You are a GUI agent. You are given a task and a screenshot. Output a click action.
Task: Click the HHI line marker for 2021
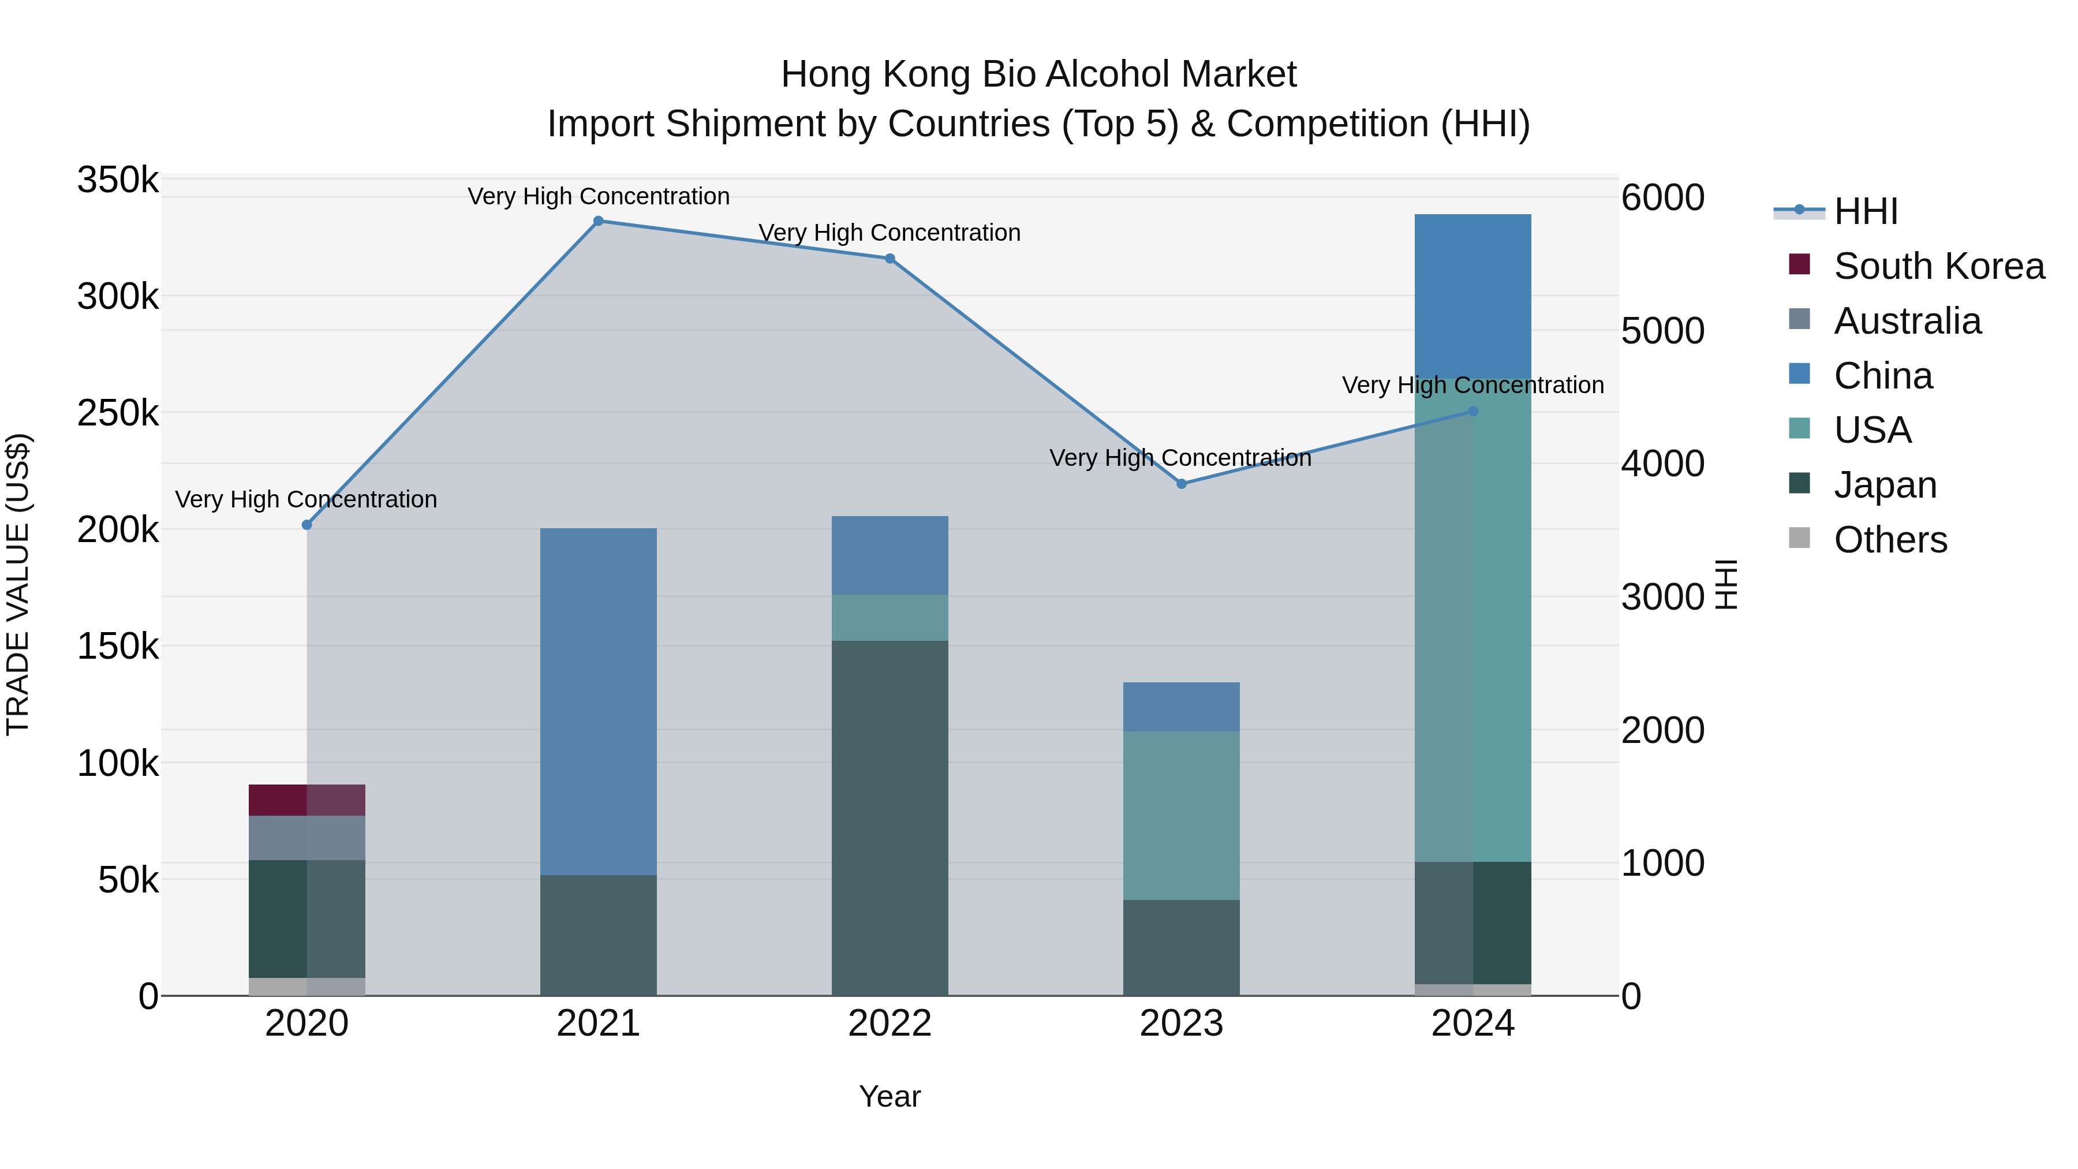(x=598, y=221)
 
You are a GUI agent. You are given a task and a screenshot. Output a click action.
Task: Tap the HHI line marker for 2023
(x=1181, y=484)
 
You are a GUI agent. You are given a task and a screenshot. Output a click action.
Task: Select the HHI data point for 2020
(x=307, y=525)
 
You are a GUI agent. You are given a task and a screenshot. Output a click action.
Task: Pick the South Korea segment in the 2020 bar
(x=307, y=800)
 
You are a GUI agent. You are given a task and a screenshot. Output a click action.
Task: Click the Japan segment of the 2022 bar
(x=889, y=817)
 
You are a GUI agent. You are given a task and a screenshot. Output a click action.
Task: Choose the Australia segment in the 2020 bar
(x=307, y=838)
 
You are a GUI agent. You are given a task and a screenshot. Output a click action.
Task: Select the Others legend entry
(x=1890, y=540)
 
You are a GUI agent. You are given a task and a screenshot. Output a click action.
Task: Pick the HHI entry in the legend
(x=1865, y=211)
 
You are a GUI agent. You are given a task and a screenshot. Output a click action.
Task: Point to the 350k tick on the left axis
(x=118, y=180)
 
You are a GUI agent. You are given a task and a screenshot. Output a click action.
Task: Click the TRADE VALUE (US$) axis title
(x=18, y=584)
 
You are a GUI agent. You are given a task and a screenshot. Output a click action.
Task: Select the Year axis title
(x=889, y=1096)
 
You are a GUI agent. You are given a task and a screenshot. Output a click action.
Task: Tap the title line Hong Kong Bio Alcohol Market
(x=1038, y=74)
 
